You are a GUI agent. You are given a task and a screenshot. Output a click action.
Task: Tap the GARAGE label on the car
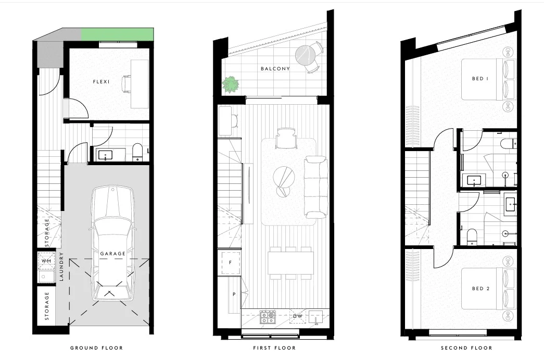113,254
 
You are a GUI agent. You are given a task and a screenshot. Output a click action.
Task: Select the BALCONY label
275,69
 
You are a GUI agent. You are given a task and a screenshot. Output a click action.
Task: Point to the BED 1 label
480,79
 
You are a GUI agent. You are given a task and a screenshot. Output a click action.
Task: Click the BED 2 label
480,289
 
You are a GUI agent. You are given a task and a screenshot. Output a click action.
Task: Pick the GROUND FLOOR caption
96,348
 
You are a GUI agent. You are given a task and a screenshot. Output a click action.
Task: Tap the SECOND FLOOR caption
466,348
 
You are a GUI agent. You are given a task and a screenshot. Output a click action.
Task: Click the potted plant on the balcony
229,85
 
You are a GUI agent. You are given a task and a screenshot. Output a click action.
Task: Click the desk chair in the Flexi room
127,83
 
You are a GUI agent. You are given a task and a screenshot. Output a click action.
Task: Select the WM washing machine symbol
46,260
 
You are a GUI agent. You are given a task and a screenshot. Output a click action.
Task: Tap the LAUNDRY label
61,267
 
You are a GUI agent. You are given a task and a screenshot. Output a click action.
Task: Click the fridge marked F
230,263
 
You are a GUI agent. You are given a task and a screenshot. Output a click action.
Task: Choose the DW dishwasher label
297,316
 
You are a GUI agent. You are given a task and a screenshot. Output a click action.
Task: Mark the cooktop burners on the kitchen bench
268,317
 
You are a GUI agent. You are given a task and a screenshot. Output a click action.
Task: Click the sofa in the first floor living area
316,187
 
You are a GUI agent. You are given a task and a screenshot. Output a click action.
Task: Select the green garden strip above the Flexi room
118,34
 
